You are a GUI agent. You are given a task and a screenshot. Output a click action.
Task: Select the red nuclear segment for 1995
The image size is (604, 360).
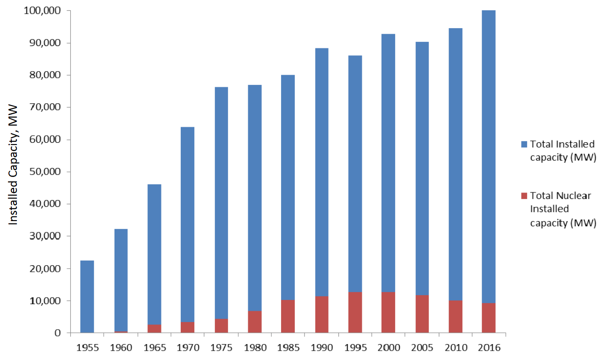[x=355, y=313]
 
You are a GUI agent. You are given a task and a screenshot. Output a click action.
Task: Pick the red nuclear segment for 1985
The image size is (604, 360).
[x=288, y=316]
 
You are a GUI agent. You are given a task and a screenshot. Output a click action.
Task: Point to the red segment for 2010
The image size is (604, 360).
[x=455, y=316]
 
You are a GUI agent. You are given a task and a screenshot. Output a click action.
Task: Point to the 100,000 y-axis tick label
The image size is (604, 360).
[x=42, y=10]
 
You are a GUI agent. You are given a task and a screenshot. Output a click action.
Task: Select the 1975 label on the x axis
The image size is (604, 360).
[x=221, y=348]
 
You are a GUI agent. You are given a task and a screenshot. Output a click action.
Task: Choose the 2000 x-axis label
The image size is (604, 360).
[x=389, y=348]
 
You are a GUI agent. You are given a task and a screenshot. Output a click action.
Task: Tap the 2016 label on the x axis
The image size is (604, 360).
[x=489, y=348]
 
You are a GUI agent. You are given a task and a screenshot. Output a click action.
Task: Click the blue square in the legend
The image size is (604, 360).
[x=524, y=143]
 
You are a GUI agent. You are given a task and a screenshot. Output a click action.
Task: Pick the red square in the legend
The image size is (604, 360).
[x=524, y=195]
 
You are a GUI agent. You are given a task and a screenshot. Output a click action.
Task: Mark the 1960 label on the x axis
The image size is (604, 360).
[x=120, y=348]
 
